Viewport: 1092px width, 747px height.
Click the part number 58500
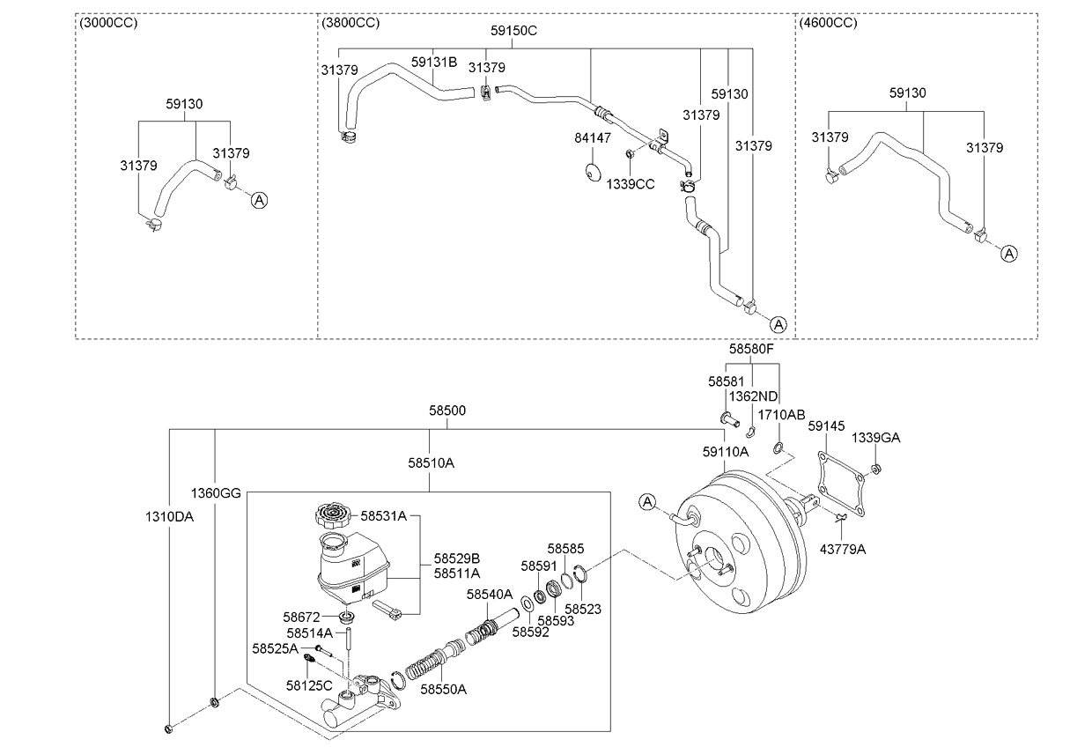[x=447, y=410]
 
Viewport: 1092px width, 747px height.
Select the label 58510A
[x=431, y=462]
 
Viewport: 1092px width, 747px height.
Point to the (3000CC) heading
[x=108, y=22]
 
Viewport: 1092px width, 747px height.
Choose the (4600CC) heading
[x=828, y=22]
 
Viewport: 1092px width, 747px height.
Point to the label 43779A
[x=844, y=549]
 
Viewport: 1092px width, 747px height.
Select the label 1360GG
[x=216, y=492]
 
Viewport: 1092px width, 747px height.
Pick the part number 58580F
[x=750, y=349]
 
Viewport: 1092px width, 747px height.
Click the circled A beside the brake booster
[x=648, y=502]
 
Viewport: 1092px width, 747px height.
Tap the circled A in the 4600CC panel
[x=1009, y=254]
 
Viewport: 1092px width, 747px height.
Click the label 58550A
[x=443, y=689]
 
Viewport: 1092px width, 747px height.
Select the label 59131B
[x=434, y=63]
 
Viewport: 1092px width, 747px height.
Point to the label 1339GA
[x=875, y=437]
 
